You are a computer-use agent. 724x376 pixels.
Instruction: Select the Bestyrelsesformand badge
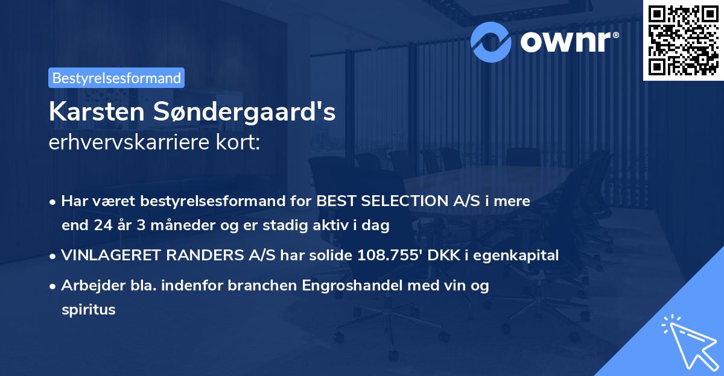coord(116,78)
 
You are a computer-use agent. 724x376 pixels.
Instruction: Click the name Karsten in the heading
coord(94,113)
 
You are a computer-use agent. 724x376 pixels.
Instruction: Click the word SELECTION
coord(402,201)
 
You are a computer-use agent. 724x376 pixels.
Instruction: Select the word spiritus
coord(88,310)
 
